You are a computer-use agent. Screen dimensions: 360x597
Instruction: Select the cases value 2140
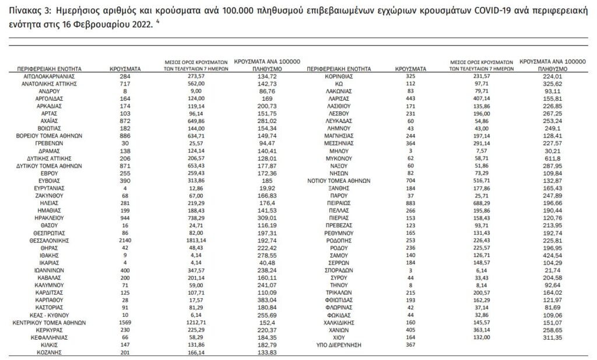[125, 239]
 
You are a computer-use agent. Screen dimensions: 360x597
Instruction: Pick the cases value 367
[411, 345]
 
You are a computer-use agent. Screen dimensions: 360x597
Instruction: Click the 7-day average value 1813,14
[195, 239]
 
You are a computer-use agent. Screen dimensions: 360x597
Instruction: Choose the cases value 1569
[125, 321]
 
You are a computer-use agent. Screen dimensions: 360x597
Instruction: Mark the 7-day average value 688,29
[480, 203]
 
